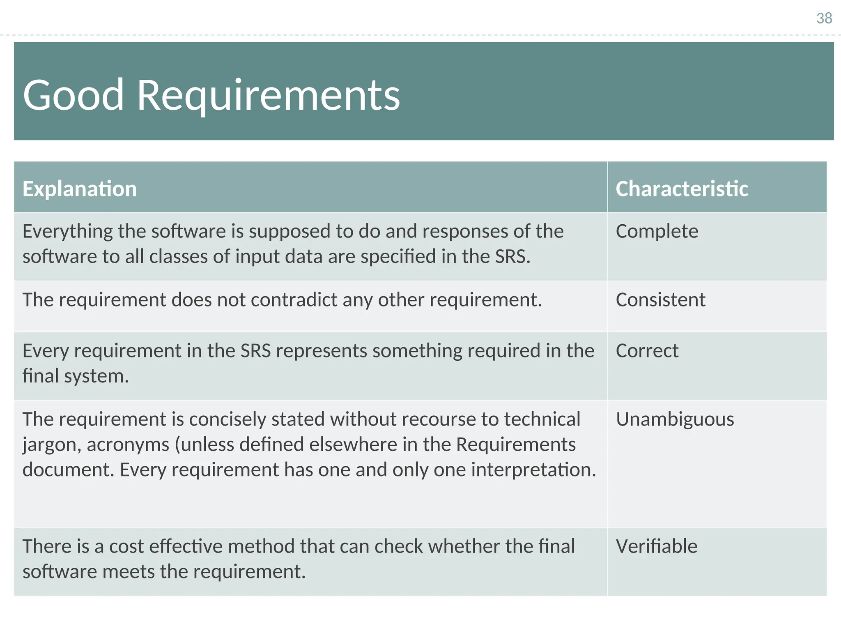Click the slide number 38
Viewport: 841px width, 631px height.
click(824, 18)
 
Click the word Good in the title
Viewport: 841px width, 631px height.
click(73, 95)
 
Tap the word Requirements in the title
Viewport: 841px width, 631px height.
click(268, 95)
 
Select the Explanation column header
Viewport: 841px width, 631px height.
click(80, 189)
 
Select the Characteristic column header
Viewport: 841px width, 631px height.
click(682, 189)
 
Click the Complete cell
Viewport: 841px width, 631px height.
click(657, 231)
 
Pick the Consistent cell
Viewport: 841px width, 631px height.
click(660, 300)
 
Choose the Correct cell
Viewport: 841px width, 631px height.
click(647, 351)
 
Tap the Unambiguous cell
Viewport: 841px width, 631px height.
click(675, 419)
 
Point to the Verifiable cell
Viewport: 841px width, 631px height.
click(656, 547)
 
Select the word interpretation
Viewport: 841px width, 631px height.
click(533, 470)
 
